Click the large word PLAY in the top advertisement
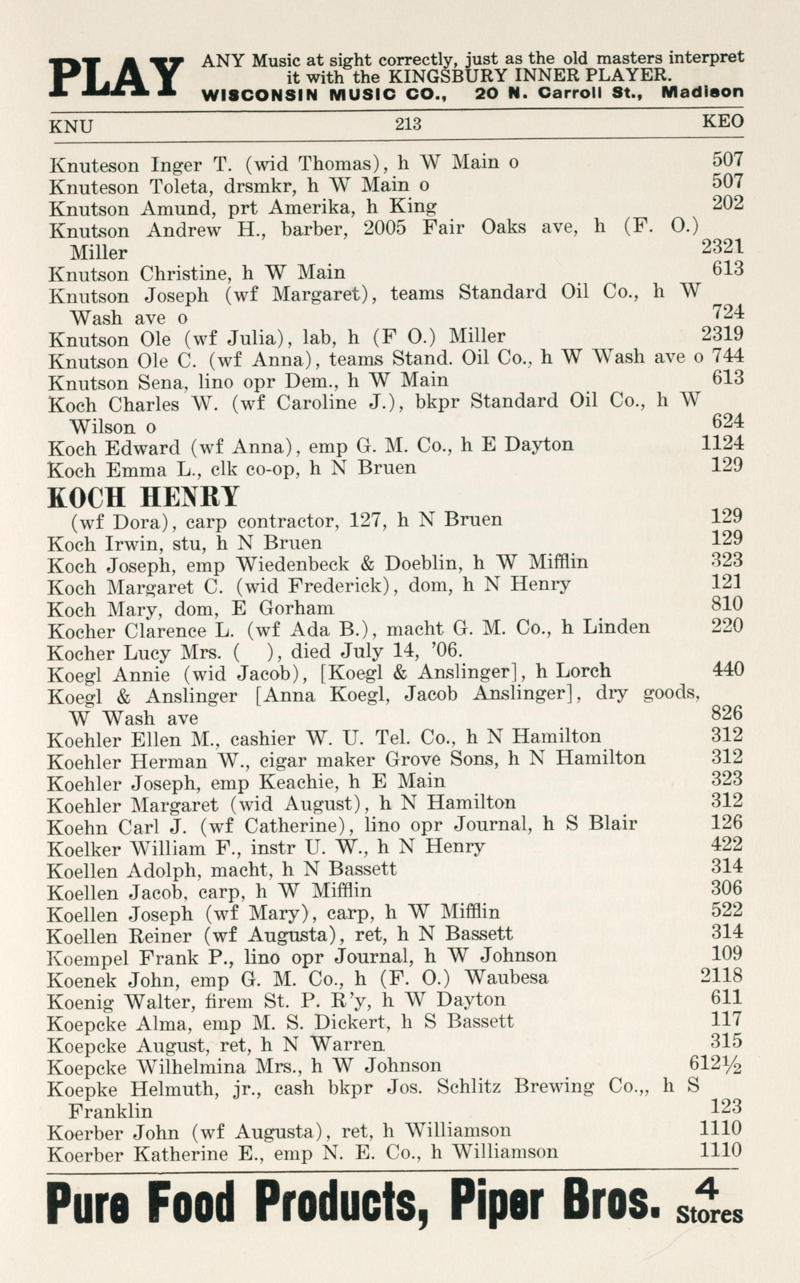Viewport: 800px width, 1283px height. pyautogui.click(x=116, y=77)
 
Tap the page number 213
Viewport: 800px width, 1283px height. pyautogui.click(x=408, y=124)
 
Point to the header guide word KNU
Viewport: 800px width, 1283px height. pyautogui.click(x=71, y=127)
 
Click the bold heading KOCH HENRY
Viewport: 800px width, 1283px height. pyautogui.click(x=143, y=497)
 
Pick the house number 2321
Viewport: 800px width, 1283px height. pyautogui.click(x=723, y=246)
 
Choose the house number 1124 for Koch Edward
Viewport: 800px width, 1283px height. pyautogui.click(x=723, y=442)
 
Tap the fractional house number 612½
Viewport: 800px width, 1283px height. pyautogui.click(x=715, y=1063)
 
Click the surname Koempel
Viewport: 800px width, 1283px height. pyautogui.click(x=85, y=957)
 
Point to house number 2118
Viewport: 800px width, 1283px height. pyautogui.click(x=722, y=975)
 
